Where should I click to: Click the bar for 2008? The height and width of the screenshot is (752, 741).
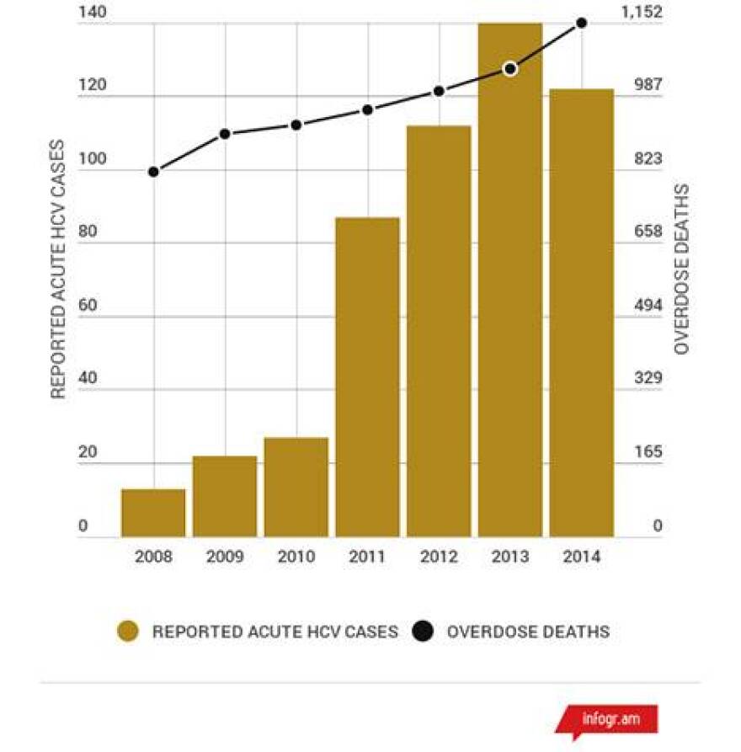[x=153, y=513]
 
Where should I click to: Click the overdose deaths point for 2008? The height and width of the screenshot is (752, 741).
[x=153, y=172]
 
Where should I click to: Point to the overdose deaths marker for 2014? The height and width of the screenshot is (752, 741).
[x=581, y=22]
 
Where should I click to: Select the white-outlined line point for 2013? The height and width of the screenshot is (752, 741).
[x=509, y=69]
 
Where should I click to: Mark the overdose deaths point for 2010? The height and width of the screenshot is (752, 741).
[x=296, y=125]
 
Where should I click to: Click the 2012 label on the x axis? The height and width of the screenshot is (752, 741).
[x=439, y=557]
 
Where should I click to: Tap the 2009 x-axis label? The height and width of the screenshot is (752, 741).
[x=225, y=557]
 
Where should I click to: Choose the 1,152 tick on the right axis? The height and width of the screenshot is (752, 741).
[x=642, y=13]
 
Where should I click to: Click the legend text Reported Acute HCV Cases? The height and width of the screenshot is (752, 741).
[x=275, y=632]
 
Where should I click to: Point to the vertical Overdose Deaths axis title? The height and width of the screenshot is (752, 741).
[x=682, y=269]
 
